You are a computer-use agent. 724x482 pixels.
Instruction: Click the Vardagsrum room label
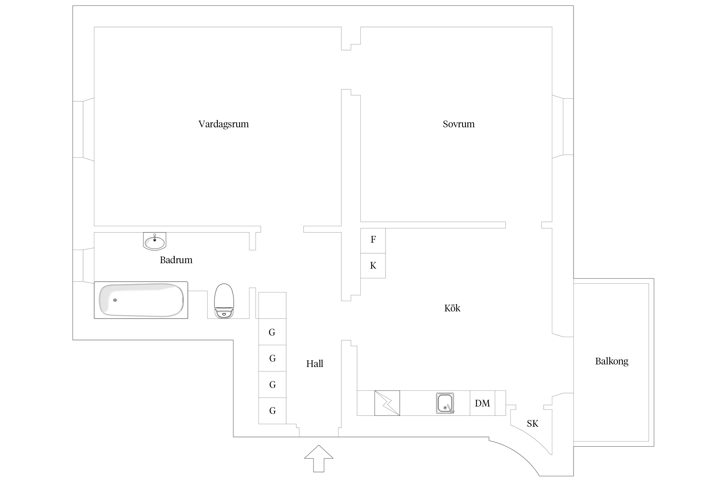point(223,124)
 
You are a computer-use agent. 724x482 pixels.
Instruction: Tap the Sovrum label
point(459,124)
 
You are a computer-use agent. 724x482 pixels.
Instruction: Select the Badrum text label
point(176,260)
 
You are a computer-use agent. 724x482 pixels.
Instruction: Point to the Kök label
point(452,308)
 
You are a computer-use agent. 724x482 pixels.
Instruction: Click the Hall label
point(314,363)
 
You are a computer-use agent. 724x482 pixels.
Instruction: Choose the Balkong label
point(611,361)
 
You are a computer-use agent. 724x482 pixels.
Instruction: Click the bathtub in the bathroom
point(141,300)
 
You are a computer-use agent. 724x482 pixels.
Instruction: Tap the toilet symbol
point(224,301)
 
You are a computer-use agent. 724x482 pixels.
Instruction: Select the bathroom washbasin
point(154,241)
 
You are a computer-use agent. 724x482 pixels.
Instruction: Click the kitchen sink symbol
point(445,403)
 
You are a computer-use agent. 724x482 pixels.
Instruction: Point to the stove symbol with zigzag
point(387,403)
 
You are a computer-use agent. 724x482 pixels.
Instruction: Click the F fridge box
point(373,241)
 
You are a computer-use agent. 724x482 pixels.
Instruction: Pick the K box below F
point(373,266)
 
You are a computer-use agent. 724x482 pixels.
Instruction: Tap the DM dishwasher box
point(482,403)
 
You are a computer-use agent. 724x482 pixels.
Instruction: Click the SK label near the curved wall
point(533,424)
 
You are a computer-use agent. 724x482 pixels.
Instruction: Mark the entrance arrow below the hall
point(319,458)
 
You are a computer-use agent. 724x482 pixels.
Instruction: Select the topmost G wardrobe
point(272,332)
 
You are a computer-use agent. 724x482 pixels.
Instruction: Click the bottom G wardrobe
point(272,411)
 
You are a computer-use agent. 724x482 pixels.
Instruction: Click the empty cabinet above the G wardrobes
point(272,305)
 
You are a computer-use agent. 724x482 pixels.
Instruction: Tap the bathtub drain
point(115,300)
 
